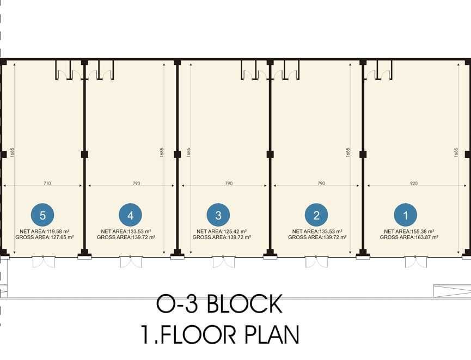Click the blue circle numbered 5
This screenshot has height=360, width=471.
[x=42, y=215]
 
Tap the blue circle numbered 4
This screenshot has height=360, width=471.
[x=130, y=215]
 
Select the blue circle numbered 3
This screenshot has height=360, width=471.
[x=218, y=215]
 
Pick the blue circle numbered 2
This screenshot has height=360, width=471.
[x=316, y=215]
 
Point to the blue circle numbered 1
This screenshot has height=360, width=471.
[x=406, y=215]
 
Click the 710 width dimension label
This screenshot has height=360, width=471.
[x=47, y=183]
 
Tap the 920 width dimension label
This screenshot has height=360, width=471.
[x=414, y=183]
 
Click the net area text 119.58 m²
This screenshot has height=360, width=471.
[x=45, y=231]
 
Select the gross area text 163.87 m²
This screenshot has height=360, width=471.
[x=409, y=237]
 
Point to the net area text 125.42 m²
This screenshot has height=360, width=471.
[x=222, y=231]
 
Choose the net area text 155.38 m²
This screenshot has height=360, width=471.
[x=409, y=231]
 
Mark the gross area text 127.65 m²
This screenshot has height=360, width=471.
[x=45, y=237]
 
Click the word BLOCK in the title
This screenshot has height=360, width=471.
[x=244, y=304]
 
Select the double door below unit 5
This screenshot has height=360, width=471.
[x=44, y=262]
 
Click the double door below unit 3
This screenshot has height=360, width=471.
[x=224, y=262]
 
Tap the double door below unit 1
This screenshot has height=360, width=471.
[x=416, y=262]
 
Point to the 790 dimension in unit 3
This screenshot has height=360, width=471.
[x=229, y=183]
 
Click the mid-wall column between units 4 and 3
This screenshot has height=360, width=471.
[x=177, y=155]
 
